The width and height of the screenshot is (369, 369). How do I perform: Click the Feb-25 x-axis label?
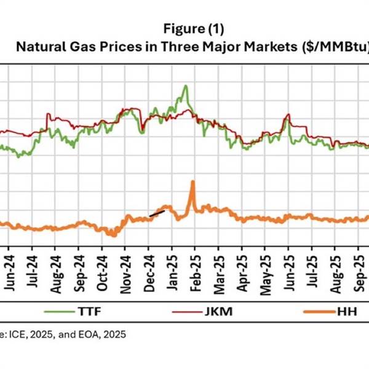pyautogui.click(x=196, y=267)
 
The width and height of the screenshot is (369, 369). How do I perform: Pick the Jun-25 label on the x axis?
pyautogui.click(x=288, y=267)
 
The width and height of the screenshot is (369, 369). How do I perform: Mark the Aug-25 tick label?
pyautogui.click(x=335, y=267)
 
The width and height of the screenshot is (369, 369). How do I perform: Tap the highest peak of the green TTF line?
pyautogui.click(x=185, y=86)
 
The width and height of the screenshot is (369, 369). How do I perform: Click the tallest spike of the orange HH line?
pyautogui.click(x=192, y=181)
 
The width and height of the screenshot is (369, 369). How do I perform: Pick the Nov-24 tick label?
pyautogui.click(x=127, y=267)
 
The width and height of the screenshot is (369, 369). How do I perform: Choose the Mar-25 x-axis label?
pyautogui.click(x=219, y=267)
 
